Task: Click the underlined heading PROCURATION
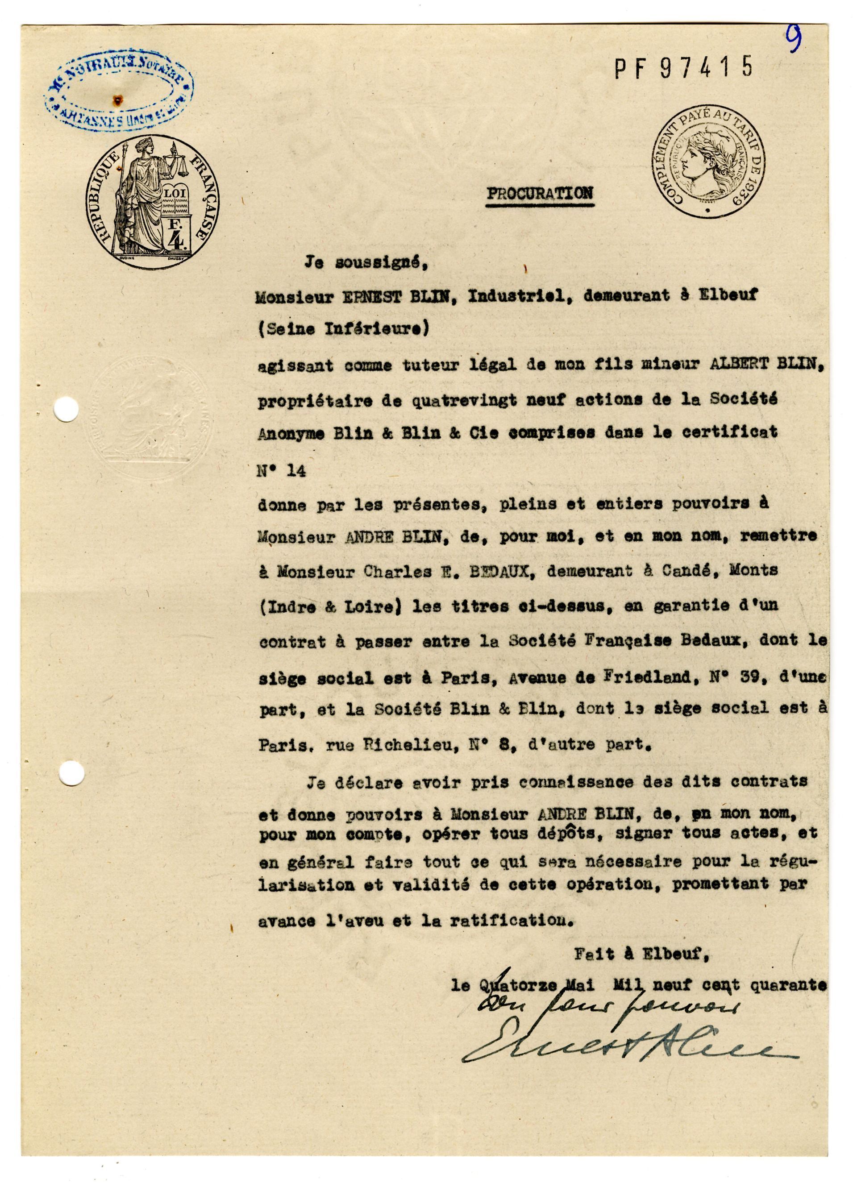pyautogui.click(x=540, y=194)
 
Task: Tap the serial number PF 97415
pyautogui.click(x=684, y=69)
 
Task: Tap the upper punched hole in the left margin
pyautogui.click(x=67, y=408)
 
